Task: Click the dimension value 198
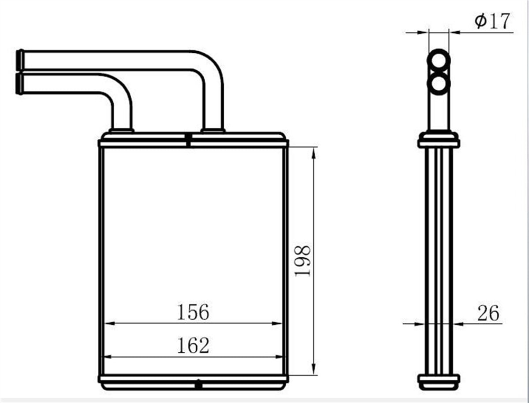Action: pos(303,261)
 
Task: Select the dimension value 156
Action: pos(193,312)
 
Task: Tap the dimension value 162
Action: pos(193,345)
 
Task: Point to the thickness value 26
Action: pos(488,313)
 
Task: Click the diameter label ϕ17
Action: pos(492,21)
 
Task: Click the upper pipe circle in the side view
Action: pos(439,61)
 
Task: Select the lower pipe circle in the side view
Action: pos(439,83)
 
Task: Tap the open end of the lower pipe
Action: pos(20,83)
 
